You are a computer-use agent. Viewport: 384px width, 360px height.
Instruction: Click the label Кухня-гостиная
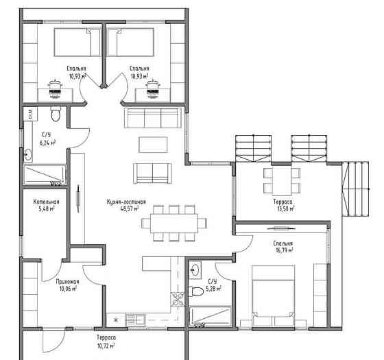(126, 202)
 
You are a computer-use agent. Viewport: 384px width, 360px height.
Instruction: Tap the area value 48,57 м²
(130, 208)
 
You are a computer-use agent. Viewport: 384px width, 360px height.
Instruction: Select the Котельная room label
(47, 202)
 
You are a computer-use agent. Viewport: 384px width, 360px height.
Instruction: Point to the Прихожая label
(68, 282)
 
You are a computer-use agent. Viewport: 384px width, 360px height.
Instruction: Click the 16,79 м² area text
(284, 250)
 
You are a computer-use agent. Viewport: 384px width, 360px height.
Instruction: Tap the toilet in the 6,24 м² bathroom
(56, 114)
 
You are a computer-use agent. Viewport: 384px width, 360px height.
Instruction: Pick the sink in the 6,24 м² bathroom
(28, 154)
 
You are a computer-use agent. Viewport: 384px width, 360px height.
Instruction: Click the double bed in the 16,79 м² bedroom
(274, 296)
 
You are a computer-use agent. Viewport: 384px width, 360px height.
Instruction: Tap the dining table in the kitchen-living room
(174, 224)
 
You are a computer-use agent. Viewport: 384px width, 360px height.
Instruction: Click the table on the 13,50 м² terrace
(282, 181)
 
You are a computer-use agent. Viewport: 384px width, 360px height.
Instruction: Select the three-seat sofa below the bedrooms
(153, 117)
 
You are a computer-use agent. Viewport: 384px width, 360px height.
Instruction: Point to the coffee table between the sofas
(153, 145)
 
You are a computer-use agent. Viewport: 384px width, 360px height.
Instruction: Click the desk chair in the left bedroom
(55, 89)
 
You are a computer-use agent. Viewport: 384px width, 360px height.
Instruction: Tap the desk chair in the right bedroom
(153, 89)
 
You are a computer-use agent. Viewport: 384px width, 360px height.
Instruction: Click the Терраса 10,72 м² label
(106, 341)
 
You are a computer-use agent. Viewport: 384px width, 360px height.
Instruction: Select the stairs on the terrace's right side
(355, 189)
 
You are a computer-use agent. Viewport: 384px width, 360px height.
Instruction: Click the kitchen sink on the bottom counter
(135, 320)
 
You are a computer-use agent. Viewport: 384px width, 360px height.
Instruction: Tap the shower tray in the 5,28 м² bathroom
(211, 316)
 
